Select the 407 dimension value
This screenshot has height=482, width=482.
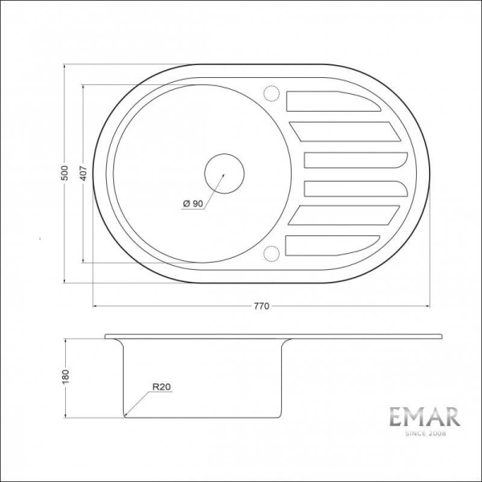click(82, 174)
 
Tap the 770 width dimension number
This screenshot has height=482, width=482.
click(260, 306)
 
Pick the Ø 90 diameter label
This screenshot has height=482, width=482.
click(192, 203)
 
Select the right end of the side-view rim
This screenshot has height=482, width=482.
click(441, 336)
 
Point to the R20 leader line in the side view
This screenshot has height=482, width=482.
click(141, 402)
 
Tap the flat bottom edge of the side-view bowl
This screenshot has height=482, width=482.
click(205, 416)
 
